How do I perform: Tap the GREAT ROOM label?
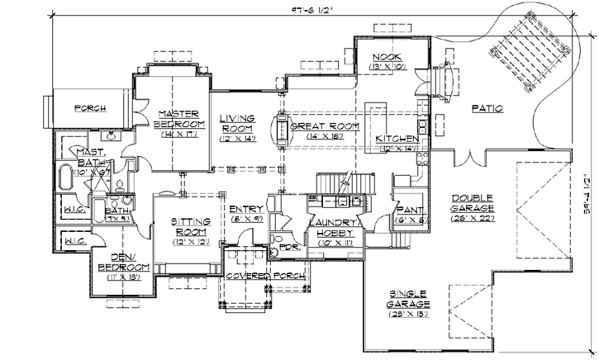tap(324, 126)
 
